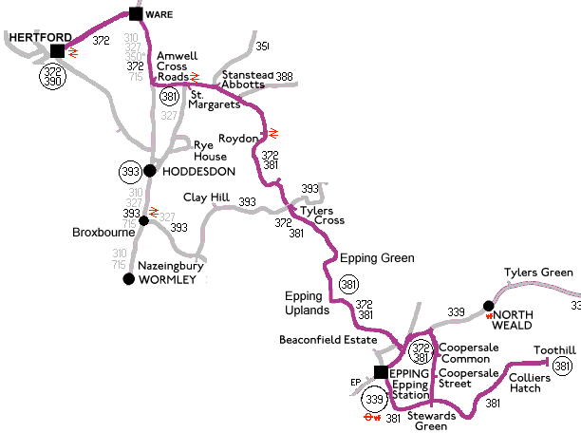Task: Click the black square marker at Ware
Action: click(136, 14)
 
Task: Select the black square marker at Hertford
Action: click(57, 51)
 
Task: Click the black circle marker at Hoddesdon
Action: click(149, 171)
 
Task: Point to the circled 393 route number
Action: click(130, 172)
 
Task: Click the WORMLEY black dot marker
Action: click(129, 279)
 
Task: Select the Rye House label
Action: click(211, 151)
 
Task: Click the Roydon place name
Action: click(237, 138)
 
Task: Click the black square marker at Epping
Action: click(380, 372)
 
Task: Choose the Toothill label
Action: click(553, 349)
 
